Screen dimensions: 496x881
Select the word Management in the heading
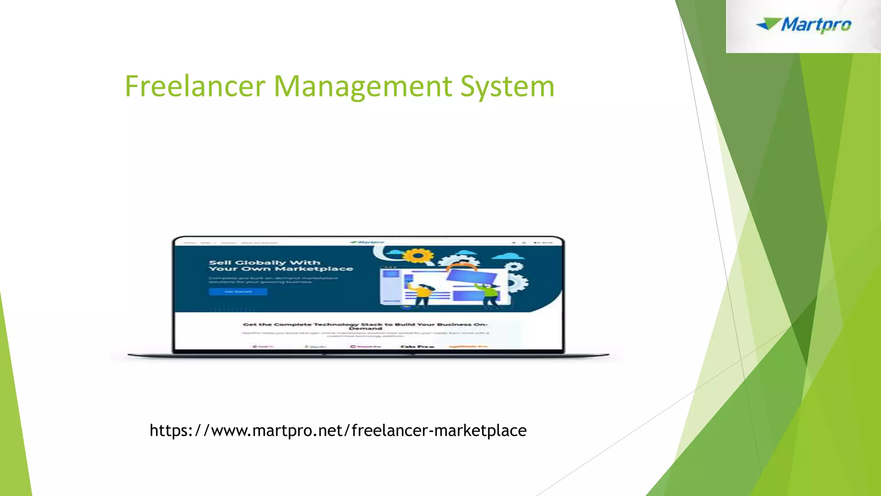pyautogui.click(x=363, y=86)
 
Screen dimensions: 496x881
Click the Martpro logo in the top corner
pyautogui.click(x=804, y=25)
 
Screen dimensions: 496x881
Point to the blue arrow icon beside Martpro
pyautogui.click(x=768, y=24)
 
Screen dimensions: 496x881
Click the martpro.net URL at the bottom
pyautogui.click(x=338, y=430)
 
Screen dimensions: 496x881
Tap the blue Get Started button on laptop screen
pyautogui.click(x=238, y=291)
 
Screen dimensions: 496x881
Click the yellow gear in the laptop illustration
pyautogui.click(x=416, y=256)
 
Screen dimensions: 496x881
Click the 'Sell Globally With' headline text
pyautogui.click(x=264, y=262)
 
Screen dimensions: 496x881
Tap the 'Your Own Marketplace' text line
pyautogui.click(x=280, y=269)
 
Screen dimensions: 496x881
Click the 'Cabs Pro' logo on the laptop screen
pyautogui.click(x=417, y=346)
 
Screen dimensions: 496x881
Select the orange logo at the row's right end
pyautogui.click(x=468, y=346)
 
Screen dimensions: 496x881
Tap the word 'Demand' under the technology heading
pyautogui.click(x=365, y=329)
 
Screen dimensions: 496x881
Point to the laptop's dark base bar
pyautogui.click(x=368, y=355)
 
